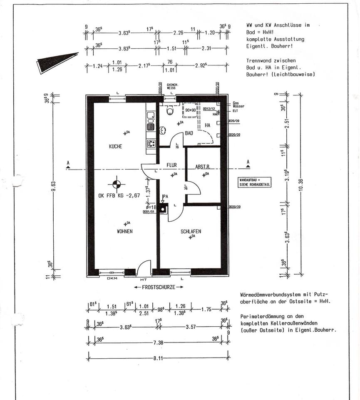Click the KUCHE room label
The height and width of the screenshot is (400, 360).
pos(115,146)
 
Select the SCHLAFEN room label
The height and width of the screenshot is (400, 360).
pos(191,231)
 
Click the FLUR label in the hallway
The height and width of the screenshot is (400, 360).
pos(172,165)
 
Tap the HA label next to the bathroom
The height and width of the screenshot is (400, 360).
pos(208,125)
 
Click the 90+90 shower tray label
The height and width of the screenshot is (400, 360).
pos(191,110)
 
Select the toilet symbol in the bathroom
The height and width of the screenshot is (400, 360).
pos(169,111)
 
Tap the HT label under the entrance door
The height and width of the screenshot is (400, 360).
pos(144,279)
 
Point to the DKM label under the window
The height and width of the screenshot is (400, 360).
pos(112,279)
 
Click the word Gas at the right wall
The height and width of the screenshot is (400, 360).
pos(236,102)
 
